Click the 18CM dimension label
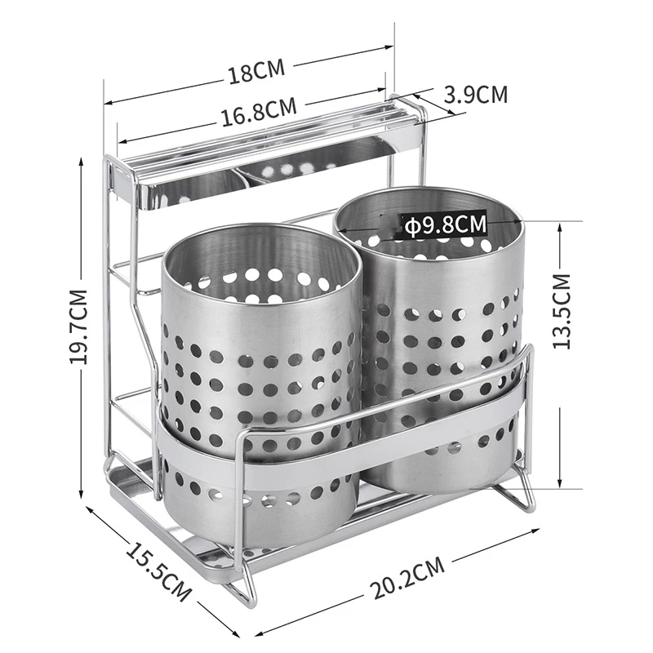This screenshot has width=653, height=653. click(256, 71)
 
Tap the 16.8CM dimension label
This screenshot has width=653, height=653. click(259, 112)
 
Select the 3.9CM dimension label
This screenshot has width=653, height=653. click(476, 95)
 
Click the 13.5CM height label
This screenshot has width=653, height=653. click(561, 311)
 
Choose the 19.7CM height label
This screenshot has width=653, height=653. click(78, 326)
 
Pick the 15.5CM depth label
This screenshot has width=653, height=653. click(158, 571)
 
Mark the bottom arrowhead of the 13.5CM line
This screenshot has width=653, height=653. click(561, 484)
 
